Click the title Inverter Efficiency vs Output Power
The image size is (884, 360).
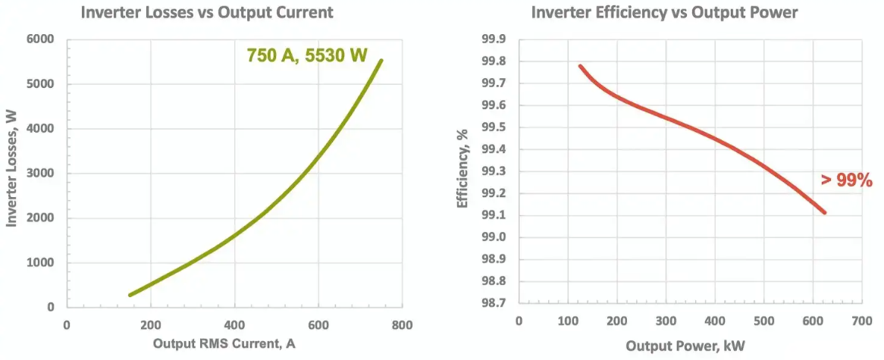point(665,13)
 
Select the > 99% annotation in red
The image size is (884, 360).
point(847,180)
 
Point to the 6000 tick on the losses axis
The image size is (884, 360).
point(42,39)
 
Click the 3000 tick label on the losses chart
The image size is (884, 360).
point(42,174)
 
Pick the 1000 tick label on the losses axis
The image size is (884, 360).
point(42,263)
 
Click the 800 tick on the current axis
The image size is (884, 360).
point(403,325)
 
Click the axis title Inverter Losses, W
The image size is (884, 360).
point(12,173)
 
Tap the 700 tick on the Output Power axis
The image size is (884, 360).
point(862,321)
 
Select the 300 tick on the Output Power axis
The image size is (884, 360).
point(666,321)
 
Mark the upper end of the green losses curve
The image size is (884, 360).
point(381,61)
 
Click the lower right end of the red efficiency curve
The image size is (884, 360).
point(824,212)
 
